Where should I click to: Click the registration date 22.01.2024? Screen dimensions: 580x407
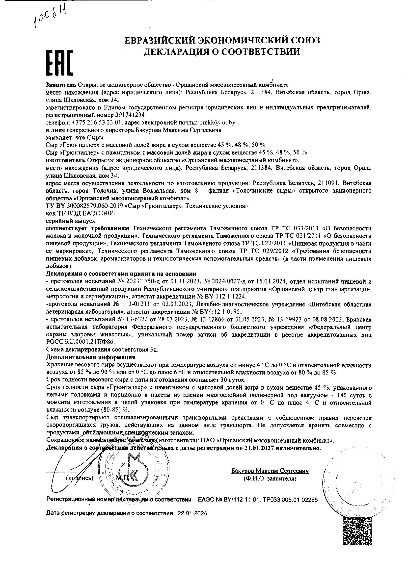coord(192,513)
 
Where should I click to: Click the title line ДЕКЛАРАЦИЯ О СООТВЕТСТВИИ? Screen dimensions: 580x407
coord(222,51)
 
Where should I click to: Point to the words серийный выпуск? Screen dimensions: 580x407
coord(71,221)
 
